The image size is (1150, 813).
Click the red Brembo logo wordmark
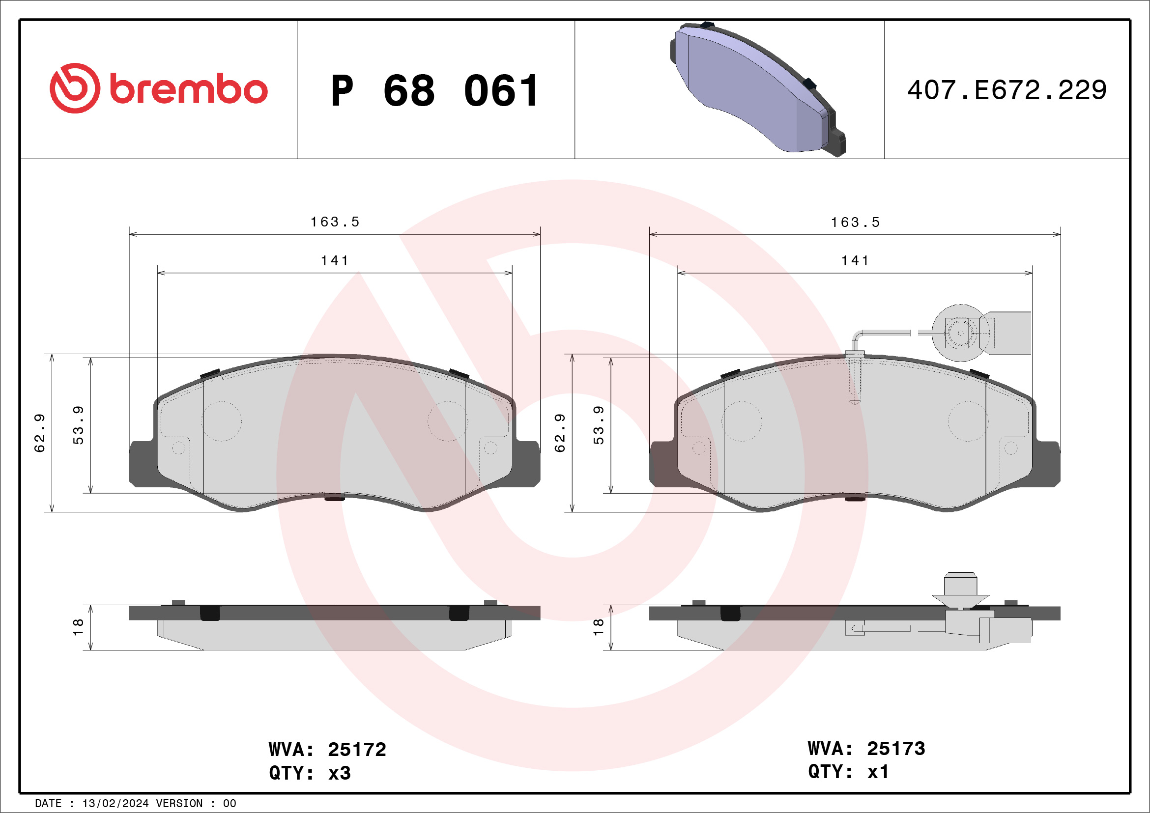tap(188, 90)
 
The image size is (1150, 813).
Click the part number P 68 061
tap(435, 91)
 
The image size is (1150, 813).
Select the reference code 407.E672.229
tap(1007, 90)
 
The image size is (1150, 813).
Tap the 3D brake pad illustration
tap(756, 89)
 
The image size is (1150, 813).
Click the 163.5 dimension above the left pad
tap(335, 222)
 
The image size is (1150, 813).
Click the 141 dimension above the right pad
tap(855, 261)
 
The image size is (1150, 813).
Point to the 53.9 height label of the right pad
tap(599, 425)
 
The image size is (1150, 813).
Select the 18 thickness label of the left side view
tap(78, 627)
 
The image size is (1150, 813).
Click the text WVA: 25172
tap(327, 750)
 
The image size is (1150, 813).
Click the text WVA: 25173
tap(866, 749)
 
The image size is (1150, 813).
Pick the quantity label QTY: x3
tap(310, 773)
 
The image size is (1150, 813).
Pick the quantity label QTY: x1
tap(848, 772)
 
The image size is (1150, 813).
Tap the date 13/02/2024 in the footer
tap(115, 804)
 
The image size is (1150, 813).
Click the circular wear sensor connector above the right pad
tap(960, 333)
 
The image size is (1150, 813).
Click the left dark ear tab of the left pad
tap(142, 463)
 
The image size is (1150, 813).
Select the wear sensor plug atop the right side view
tap(960, 591)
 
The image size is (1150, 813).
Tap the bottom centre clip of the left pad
tap(335, 498)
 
